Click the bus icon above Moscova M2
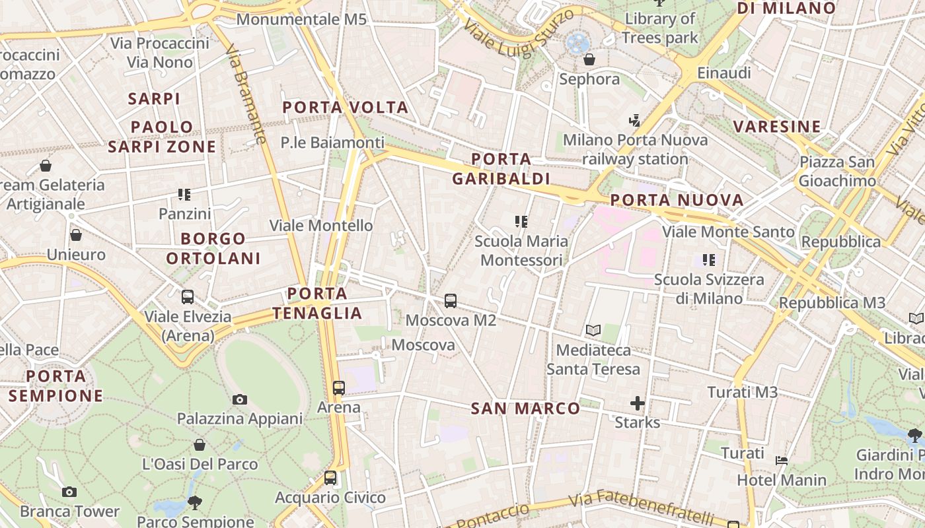[451, 301]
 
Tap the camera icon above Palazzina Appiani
[240, 399]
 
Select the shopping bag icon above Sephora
[589, 60]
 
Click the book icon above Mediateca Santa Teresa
[593, 330]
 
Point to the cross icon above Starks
[638, 403]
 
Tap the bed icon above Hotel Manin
[782, 461]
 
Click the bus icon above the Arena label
[339, 388]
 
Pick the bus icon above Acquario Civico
[330, 478]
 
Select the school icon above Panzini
[184, 195]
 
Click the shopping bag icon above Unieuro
[76, 235]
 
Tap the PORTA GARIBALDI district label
[501, 169]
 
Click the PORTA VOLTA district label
[346, 107]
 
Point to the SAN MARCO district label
[525, 409]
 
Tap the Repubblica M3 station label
[832, 302]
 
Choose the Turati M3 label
[743, 392]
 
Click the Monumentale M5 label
[301, 19]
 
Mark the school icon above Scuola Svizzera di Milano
[709, 260]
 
